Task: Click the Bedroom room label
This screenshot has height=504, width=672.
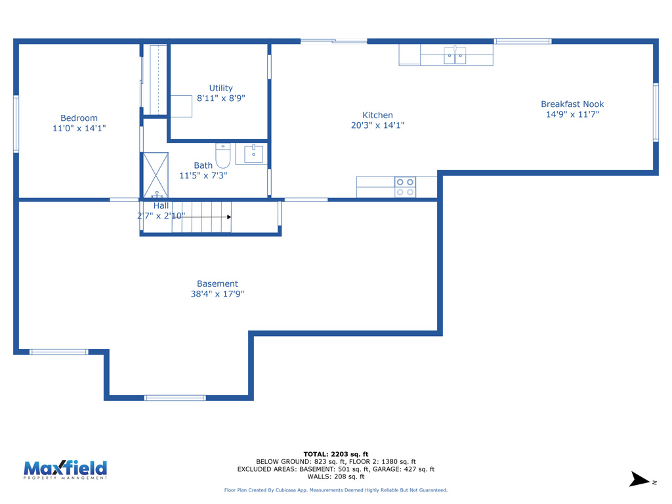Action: (79, 118)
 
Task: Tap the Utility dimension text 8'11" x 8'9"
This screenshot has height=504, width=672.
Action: (221, 98)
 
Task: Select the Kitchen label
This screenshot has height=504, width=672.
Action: (377, 115)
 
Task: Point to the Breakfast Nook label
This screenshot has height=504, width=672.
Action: (572, 104)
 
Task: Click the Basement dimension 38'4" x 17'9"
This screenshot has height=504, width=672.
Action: (217, 294)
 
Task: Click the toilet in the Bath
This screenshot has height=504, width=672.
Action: (222, 156)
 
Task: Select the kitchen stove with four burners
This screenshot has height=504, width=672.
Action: (405, 187)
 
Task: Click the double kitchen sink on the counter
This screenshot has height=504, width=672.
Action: (455, 56)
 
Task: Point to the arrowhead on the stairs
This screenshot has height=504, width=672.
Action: (228, 217)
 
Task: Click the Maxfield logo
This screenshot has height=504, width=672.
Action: (65, 470)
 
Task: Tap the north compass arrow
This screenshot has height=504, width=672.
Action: (638, 480)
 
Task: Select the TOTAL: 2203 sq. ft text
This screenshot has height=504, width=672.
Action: (335, 454)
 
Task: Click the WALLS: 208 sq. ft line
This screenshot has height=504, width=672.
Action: (335, 477)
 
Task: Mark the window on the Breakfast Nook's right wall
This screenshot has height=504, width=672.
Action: (655, 112)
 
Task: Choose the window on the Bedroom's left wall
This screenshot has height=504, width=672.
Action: (16, 124)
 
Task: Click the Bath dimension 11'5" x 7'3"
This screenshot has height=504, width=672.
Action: (203, 176)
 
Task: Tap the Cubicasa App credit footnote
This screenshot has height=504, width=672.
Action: (335, 490)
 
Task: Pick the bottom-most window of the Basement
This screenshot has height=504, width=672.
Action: (175, 398)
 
